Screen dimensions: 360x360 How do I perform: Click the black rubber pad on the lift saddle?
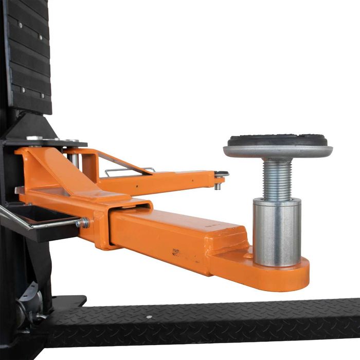(x=278, y=140)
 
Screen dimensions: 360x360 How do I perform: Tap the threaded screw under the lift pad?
(x=278, y=178)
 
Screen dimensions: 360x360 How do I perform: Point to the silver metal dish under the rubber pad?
(x=278, y=152)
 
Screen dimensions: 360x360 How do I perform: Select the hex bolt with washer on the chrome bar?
(x=83, y=223)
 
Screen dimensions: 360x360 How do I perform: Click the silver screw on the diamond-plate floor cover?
(x=149, y=317)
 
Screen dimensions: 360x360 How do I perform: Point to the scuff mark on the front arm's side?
(x=176, y=253)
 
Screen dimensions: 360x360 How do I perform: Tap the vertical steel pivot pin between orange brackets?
(x=75, y=159)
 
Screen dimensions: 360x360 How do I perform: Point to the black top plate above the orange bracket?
(x=49, y=142)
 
